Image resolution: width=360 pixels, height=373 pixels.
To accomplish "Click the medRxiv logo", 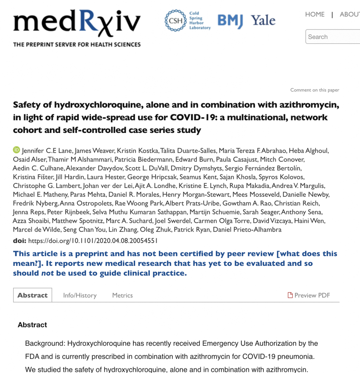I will [x=77, y=24].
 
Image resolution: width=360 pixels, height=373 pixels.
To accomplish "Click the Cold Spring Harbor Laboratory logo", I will [x=188, y=21].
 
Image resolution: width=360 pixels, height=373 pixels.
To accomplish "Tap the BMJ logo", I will [x=230, y=21].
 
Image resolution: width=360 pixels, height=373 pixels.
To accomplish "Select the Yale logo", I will [x=263, y=20].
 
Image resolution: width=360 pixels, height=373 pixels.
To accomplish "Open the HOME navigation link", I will [x=315, y=15].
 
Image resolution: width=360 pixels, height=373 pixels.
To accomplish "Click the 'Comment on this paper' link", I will [x=314, y=90].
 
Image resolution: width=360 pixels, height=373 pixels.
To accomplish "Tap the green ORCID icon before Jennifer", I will [x=16, y=150].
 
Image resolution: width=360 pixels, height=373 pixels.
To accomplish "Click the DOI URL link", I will [x=93, y=241].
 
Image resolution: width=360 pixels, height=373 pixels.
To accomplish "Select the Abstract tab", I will [x=32, y=295].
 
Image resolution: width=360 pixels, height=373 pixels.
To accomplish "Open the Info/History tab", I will [x=80, y=295].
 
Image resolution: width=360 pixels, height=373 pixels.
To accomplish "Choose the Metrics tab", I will [x=122, y=295].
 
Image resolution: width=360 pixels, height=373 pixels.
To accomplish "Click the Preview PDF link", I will [x=309, y=295].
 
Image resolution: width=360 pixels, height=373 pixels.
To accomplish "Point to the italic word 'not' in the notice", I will [x=47, y=273].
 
